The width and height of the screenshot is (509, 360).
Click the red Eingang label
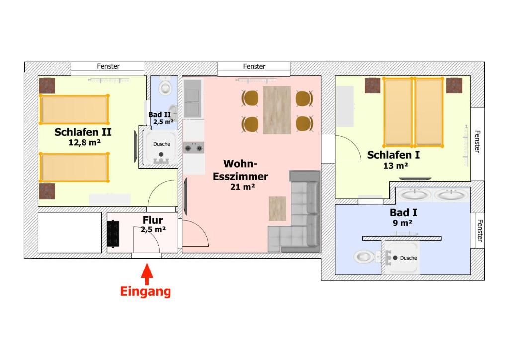pyautogui.click(x=146, y=291)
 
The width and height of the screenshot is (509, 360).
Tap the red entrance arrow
pyautogui.click(x=147, y=274)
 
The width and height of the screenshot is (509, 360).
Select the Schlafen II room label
pyautogui.click(x=83, y=132)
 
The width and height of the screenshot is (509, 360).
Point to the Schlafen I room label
pyautogui.click(x=393, y=155)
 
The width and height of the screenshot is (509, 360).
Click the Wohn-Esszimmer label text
pyautogui.click(x=240, y=170)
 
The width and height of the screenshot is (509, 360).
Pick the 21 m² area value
pyautogui.click(x=242, y=187)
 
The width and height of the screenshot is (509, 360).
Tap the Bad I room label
pyautogui.click(x=403, y=213)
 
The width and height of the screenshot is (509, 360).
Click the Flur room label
pyautogui.click(x=153, y=220)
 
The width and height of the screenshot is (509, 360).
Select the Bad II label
pyautogui.click(x=160, y=114)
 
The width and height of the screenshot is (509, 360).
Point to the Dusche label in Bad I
pyautogui.click(x=409, y=258)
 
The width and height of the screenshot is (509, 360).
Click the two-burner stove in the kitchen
pyautogui.click(x=194, y=148)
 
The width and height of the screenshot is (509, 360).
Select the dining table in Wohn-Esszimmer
pyautogui.click(x=277, y=110)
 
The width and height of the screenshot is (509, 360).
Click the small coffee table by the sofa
pyautogui.click(x=277, y=209)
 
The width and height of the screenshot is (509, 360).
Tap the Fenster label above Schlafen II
pyautogui.click(x=108, y=66)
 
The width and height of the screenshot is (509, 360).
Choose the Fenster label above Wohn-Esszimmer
pyautogui.click(x=254, y=66)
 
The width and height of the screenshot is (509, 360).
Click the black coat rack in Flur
pyautogui.click(x=113, y=234)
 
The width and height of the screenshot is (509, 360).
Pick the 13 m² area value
pyautogui.click(x=395, y=166)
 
